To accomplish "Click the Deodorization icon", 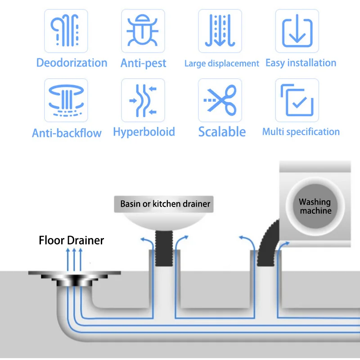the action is click(66, 31).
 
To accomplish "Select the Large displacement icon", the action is click(220, 31).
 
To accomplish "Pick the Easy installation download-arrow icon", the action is click(297, 31).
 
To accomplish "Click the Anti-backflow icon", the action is click(66, 100).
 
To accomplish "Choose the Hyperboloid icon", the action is click(143, 100).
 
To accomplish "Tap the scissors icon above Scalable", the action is click(220, 100).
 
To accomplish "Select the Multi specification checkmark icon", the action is click(297, 100).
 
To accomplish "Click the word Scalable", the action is click(222, 132).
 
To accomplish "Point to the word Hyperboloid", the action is click(144, 132).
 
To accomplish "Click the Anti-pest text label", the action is click(143, 63).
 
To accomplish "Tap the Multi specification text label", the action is click(301, 132).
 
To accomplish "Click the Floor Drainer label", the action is click(72, 240).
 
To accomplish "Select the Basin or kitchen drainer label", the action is click(165, 204).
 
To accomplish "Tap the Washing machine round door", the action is click(315, 206).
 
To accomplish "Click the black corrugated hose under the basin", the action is click(164, 248).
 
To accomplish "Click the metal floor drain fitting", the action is click(74, 279).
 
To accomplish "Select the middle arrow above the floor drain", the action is click(74, 260).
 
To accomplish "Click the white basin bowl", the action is click(164, 221).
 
